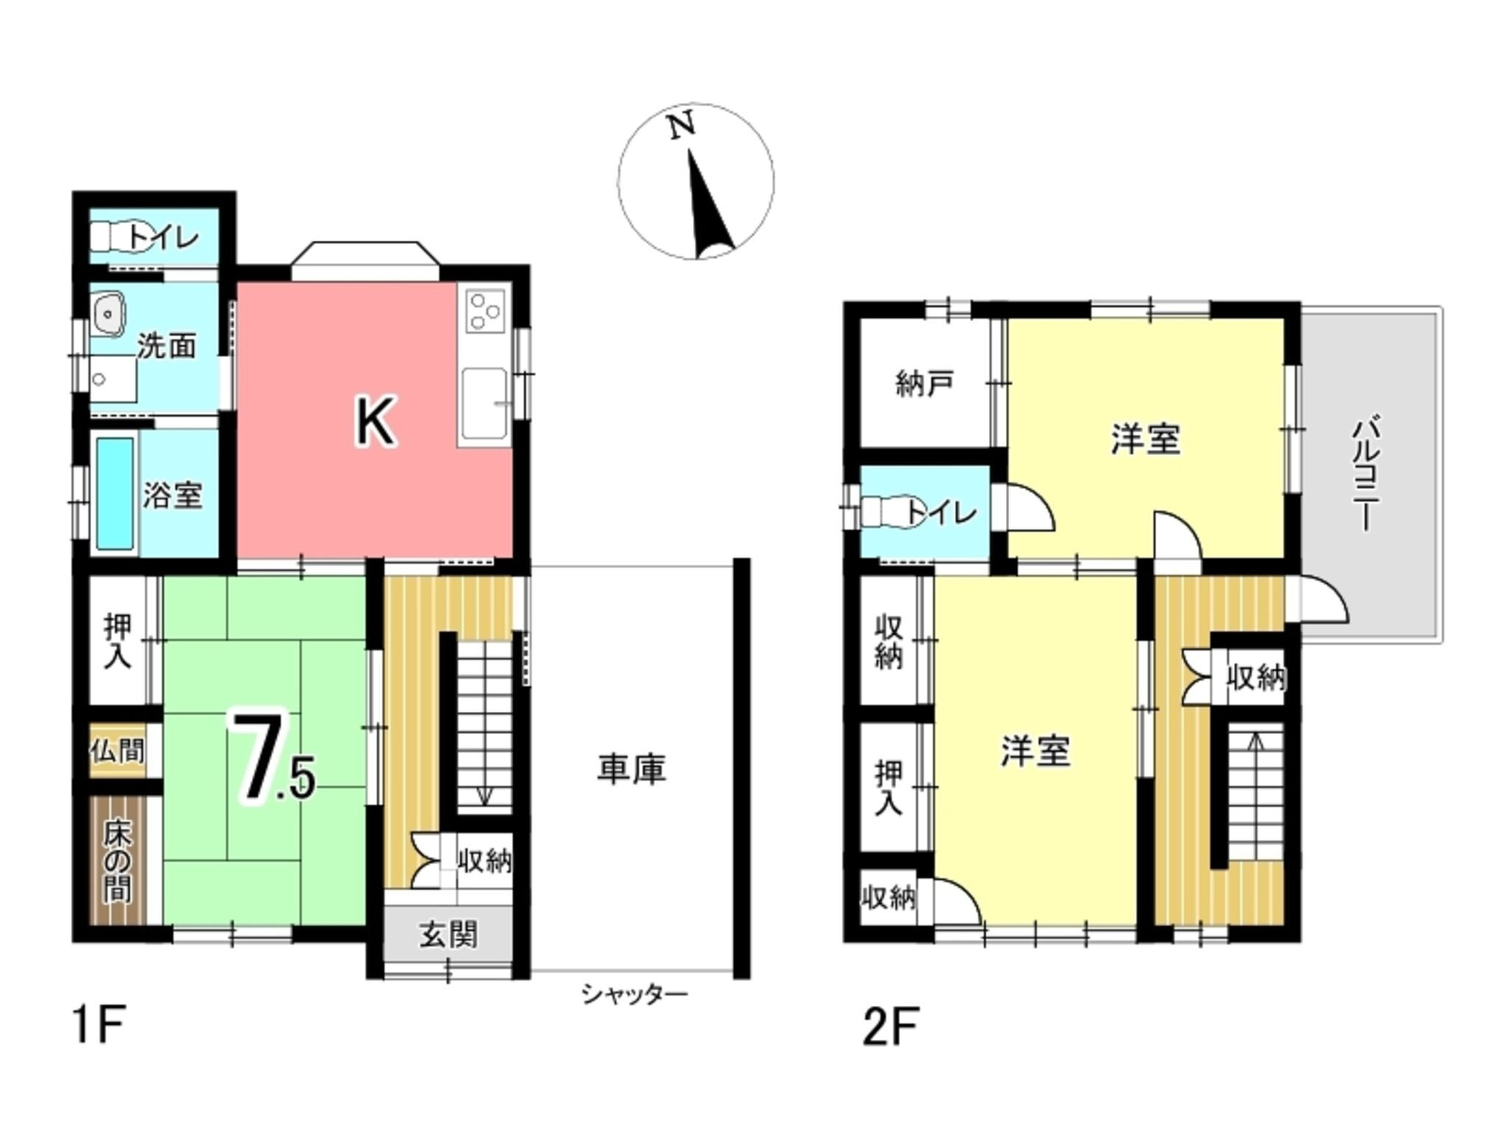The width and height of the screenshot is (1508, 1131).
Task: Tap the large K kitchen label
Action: coord(376,420)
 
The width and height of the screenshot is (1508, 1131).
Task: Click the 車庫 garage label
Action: coord(631,769)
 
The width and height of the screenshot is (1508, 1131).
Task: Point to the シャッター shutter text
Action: coord(634,995)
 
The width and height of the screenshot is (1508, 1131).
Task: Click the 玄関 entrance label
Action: coord(448,934)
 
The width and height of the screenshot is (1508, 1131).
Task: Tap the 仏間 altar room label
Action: coord(118,752)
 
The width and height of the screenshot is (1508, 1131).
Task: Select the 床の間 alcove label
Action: coord(118,861)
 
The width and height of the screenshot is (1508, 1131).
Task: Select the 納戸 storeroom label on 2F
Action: coord(924,384)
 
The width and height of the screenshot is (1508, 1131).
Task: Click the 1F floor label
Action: coord(98,1026)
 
